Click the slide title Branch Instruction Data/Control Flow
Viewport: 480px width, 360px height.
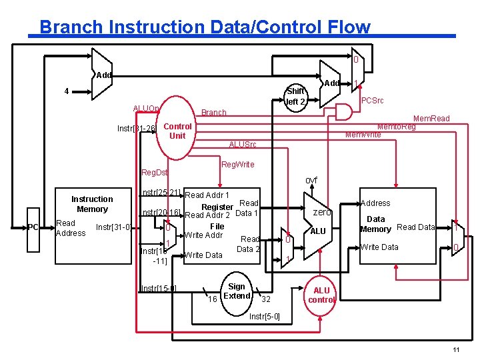tap(204, 27)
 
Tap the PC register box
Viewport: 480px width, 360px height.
tap(33, 227)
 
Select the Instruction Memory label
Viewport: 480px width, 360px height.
tap(92, 204)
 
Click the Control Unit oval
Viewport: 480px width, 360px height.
tap(177, 131)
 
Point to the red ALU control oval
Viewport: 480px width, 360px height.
tap(321, 295)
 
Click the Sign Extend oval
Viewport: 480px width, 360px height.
tap(237, 291)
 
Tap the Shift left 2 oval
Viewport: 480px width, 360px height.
tap(295, 97)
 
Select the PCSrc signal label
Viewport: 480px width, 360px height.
tap(372, 101)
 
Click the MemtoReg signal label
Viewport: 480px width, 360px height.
tap(397, 127)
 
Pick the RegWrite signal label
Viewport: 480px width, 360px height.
tap(237, 164)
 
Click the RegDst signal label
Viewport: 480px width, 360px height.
tap(155, 173)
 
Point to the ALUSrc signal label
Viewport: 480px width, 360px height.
tap(242, 145)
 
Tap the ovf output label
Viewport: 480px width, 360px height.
tap(311, 181)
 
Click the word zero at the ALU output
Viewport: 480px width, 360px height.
tap(322, 212)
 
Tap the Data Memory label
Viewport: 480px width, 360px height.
tap(375, 224)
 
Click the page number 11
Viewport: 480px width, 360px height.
tap(456, 351)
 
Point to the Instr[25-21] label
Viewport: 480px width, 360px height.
tap(161, 193)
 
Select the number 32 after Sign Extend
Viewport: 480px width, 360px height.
tap(265, 299)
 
